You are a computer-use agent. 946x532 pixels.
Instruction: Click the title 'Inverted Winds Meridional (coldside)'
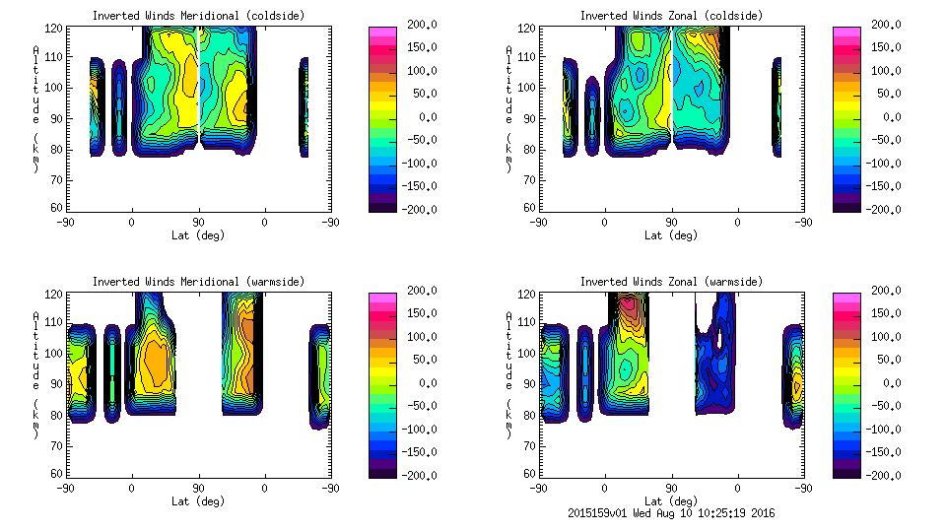[x=198, y=16]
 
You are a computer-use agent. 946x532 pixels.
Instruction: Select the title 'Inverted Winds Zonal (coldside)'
[x=671, y=16]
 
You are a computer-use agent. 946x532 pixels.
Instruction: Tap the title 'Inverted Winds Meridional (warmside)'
[x=198, y=282]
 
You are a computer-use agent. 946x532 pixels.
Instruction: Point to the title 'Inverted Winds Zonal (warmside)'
[x=671, y=282]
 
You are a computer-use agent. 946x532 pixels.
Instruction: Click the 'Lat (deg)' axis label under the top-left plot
[x=198, y=235]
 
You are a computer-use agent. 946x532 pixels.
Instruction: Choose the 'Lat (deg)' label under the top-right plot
[x=671, y=235]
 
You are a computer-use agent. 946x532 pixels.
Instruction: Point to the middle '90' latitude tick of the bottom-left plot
[x=198, y=488]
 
